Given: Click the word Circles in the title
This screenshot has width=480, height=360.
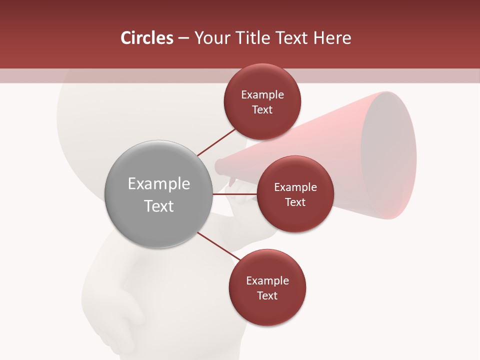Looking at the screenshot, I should pyautogui.click(x=147, y=38).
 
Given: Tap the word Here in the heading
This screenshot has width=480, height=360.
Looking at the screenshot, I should pyautogui.click(x=332, y=38).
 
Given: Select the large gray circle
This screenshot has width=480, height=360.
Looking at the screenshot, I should pyautogui.click(x=158, y=194).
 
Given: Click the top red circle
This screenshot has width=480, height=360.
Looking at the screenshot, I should pyautogui.click(x=262, y=101).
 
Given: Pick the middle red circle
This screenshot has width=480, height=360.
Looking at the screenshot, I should pyautogui.click(x=295, y=194).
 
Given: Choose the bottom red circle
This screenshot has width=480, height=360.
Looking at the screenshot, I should pyautogui.click(x=267, y=287).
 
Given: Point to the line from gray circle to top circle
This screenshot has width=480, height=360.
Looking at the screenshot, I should pyautogui.click(x=216, y=142).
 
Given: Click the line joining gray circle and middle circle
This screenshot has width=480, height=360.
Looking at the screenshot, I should pyautogui.click(x=234, y=194).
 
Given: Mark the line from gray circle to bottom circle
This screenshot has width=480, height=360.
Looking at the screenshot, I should pyautogui.click(x=218, y=247).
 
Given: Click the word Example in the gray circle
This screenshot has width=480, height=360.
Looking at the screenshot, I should pyautogui.click(x=158, y=183).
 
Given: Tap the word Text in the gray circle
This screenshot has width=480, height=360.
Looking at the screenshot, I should pyautogui.click(x=158, y=206).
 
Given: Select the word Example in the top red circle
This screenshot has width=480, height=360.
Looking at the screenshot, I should pyautogui.click(x=262, y=94).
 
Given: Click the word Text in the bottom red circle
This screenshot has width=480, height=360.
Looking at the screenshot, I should pyautogui.click(x=267, y=295).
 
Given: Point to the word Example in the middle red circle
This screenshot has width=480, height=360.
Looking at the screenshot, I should pyautogui.click(x=295, y=187).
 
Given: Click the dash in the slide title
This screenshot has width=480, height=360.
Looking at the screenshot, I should pyautogui.click(x=183, y=38).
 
